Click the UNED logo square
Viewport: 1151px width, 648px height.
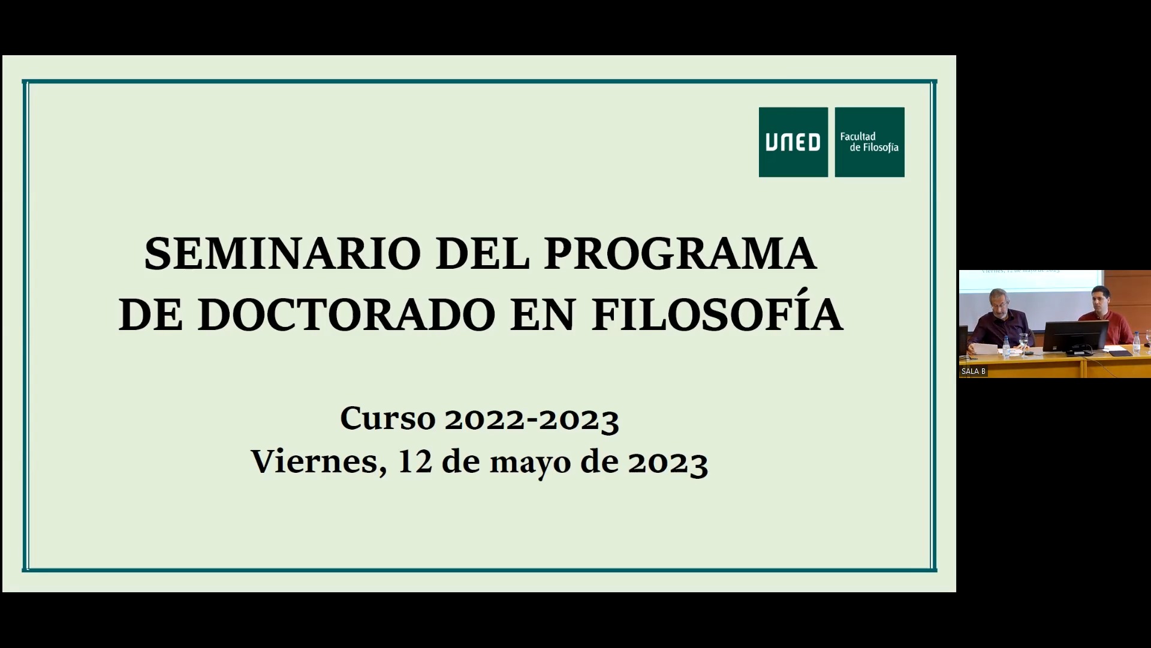click(x=793, y=142)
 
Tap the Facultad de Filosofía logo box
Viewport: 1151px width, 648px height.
click(x=869, y=142)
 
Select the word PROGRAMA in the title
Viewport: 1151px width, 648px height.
click(x=680, y=253)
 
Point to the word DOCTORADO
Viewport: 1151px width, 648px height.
click(x=346, y=314)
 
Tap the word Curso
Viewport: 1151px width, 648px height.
click(x=387, y=418)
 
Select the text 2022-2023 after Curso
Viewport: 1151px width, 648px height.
click(x=532, y=419)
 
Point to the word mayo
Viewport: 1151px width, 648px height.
click(x=530, y=464)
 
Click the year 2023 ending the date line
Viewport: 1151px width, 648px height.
click(x=668, y=463)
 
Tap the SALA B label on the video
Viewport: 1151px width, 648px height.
click(x=974, y=371)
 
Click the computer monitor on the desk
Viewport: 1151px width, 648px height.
click(x=1075, y=338)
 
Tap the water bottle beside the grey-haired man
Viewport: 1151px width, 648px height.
click(x=1007, y=347)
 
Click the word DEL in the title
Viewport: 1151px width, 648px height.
click(x=483, y=253)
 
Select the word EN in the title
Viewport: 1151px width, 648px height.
click(x=543, y=314)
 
